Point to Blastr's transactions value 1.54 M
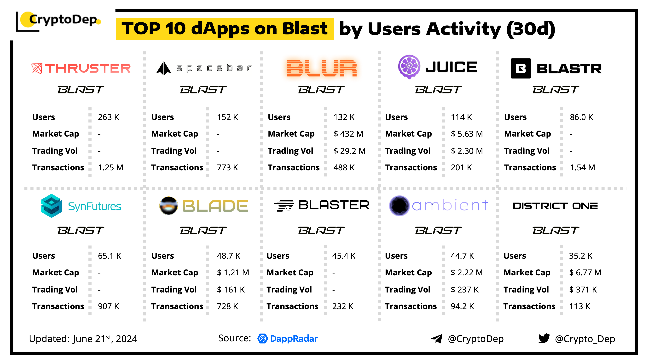[582, 168]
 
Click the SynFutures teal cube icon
[52, 206]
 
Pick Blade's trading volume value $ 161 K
[231, 290]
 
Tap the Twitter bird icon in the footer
[544, 338]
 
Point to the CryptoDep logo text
[63, 20]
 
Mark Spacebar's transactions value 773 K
[227, 168]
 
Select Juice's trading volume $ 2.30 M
[467, 151]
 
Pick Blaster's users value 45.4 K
[344, 256]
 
